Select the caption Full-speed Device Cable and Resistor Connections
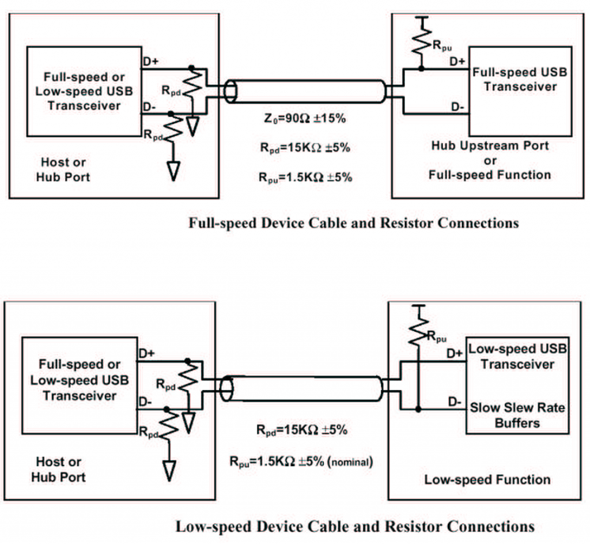coord(353,223)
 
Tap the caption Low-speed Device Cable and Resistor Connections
coord(354,526)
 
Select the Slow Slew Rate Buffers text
coord(517,415)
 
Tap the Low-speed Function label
coord(487,479)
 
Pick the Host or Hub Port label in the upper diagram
coord(63,170)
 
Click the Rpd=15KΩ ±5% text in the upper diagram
coord(305,147)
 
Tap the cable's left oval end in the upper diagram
coord(230,92)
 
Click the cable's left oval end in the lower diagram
coord(228,389)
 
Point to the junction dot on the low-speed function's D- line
coord(418,409)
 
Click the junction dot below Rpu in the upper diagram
coord(421,69)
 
